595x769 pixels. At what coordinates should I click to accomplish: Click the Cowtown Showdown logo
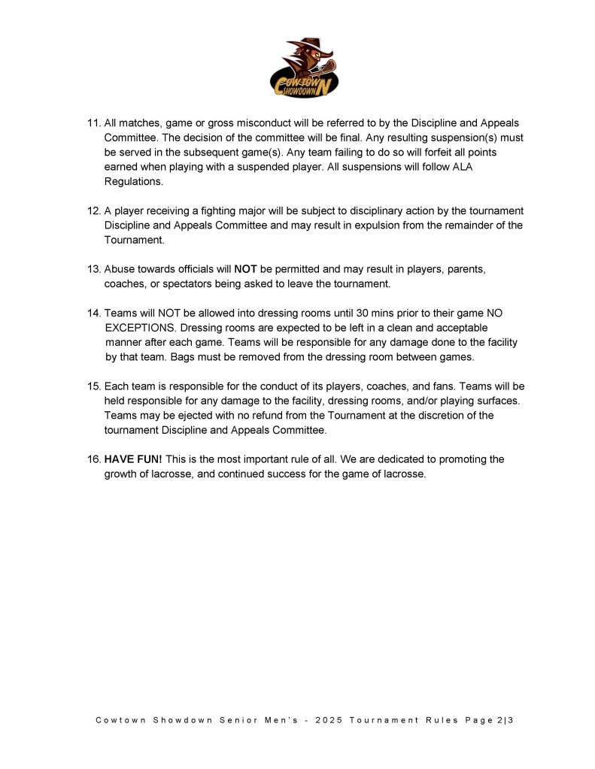tap(303, 68)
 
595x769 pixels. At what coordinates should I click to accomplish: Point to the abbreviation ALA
tap(463, 168)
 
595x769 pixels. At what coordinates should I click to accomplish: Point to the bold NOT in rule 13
tap(246, 268)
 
